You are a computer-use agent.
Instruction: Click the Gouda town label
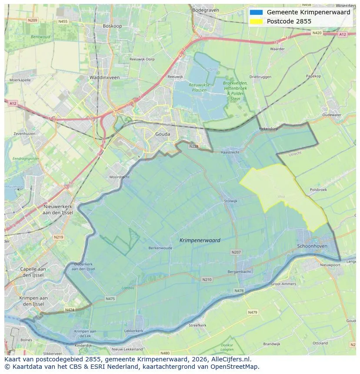point(163,134)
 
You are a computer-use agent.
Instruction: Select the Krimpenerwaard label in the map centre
point(200,240)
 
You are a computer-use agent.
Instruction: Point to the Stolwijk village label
point(230,201)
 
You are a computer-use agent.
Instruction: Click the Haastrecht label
point(230,152)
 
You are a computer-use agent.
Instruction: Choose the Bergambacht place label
point(239,271)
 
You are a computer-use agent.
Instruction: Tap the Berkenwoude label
point(160,248)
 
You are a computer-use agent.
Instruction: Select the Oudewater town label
point(332,115)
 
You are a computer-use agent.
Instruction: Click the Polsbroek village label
point(318,190)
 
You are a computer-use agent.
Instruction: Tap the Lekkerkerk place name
point(133,331)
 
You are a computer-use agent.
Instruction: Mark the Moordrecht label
point(119,177)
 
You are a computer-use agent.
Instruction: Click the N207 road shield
point(236,252)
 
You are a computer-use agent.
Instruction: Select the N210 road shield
point(207,279)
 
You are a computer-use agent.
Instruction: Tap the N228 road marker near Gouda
point(194,146)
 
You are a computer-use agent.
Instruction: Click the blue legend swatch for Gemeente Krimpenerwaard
point(257,12)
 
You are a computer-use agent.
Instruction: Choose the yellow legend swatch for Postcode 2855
point(257,21)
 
